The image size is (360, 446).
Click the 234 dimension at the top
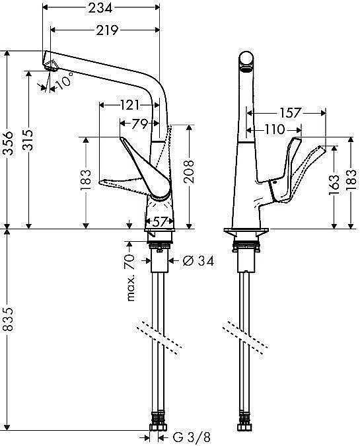point(101,7)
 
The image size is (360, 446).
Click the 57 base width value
point(159,221)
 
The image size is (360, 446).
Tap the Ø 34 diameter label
point(198,261)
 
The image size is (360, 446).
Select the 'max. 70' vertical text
point(131,278)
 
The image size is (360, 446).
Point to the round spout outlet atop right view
point(246,62)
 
